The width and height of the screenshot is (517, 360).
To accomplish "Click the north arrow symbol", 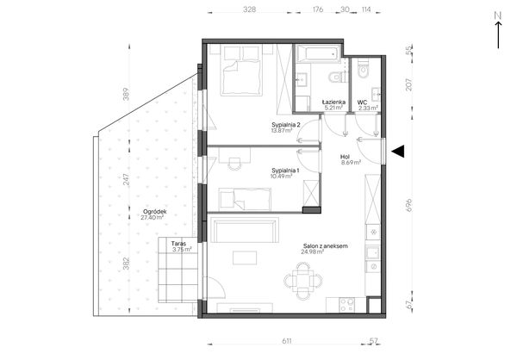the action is point(498,30).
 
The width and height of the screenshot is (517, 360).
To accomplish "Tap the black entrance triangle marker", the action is point(398,152).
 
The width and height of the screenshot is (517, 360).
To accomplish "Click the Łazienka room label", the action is point(333,102).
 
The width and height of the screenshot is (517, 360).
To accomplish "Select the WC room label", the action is point(363,102).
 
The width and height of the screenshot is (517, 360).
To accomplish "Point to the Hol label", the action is point(346,157).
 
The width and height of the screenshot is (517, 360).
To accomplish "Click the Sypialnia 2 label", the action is point(286,125).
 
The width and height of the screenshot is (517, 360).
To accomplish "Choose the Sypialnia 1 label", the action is point(285,171).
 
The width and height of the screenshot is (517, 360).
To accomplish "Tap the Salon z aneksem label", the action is point(326,246).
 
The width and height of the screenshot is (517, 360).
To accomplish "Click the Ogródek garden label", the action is point(154,212).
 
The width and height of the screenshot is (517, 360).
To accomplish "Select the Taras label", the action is point(178,244).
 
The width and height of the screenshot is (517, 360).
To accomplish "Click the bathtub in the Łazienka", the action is point(318,53).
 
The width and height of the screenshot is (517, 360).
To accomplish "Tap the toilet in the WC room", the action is point(364,69).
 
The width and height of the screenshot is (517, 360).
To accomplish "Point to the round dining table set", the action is point(303,282).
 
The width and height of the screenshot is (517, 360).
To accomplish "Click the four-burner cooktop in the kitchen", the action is point(347,305).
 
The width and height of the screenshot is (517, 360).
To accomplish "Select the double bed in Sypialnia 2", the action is point(241,71).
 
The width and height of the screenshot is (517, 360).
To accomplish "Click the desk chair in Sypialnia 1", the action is point(234,164).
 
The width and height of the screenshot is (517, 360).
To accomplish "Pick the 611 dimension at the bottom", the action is point(287,341).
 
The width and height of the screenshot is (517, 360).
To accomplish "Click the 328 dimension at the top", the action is point(249,9).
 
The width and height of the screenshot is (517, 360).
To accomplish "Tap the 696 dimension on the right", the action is point(408,205).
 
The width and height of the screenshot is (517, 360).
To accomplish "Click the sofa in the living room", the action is point(244,230).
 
